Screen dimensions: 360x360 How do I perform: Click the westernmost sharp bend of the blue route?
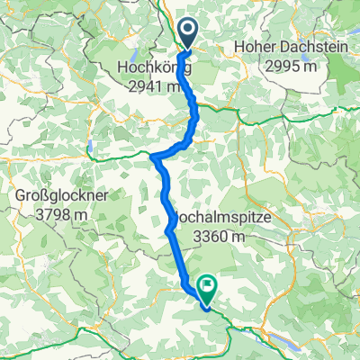pyautogui.click(x=154, y=158)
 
